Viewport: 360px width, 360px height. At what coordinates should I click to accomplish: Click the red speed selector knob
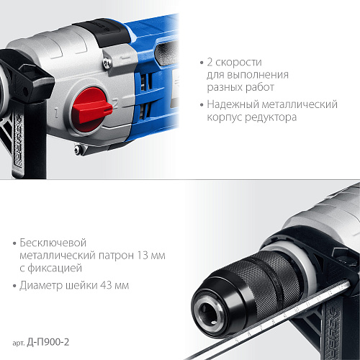(x=91, y=110)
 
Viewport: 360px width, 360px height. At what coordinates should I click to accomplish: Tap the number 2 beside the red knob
(x=116, y=104)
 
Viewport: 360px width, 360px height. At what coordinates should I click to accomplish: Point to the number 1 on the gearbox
(x=56, y=113)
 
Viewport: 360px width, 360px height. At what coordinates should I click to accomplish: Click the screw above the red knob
(x=107, y=63)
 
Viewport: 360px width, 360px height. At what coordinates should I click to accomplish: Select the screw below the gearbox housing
(x=77, y=149)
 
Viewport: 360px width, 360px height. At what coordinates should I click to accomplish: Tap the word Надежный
(x=233, y=104)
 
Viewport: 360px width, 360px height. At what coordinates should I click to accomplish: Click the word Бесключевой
(x=53, y=243)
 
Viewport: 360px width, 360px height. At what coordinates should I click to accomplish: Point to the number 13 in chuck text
(x=143, y=256)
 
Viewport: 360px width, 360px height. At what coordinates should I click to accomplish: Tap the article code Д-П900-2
(x=48, y=342)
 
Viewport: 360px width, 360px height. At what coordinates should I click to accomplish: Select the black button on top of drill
(x=102, y=30)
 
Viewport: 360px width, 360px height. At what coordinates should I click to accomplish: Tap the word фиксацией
(x=55, y=269)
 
